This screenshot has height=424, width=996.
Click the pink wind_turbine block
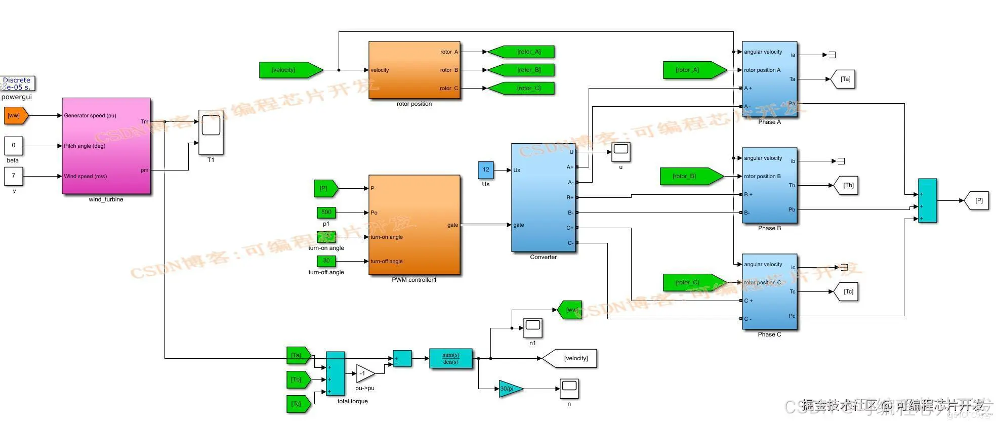pyautogui.click(x=106, y=146)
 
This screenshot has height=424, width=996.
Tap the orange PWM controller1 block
pyautogui.click(x=414, y=225)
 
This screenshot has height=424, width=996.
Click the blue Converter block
pyautogui.click(x=543, y=197)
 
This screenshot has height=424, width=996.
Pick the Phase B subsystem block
pyautogui.click(x=769, y=186)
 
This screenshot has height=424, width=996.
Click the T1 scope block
pyautogui.click(x=211, y=132)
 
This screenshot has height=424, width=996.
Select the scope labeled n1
pyautogui.click(x=532, y=328)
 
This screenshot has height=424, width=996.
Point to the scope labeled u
pyautogui.click(x=620, y=152)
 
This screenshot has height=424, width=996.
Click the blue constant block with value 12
pyautogui.click(x=486, y=170)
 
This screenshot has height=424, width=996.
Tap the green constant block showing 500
pyautogui.click(x=326, y=213)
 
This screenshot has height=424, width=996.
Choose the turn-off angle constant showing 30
pyautogui.click(x=326, y=261)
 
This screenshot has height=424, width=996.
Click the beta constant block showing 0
pyautogui.click(x=14, y=146)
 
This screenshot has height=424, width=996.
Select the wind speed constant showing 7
pyautogui.click(x=14, y=176)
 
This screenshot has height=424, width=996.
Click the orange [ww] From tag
pyautogui.click(x=16, y=115)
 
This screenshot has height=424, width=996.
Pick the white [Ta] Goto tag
pyautogui.click(x=843, y=79)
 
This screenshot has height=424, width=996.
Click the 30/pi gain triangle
pyautogui.click(x=510, y=389)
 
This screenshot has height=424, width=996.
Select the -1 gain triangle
pyautogui.click(x=364, y=374)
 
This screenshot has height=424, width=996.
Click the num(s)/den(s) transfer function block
pyautogui.click(x=450, y=358)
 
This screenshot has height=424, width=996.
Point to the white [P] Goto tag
pyautogui.click(x=977, y=200)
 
